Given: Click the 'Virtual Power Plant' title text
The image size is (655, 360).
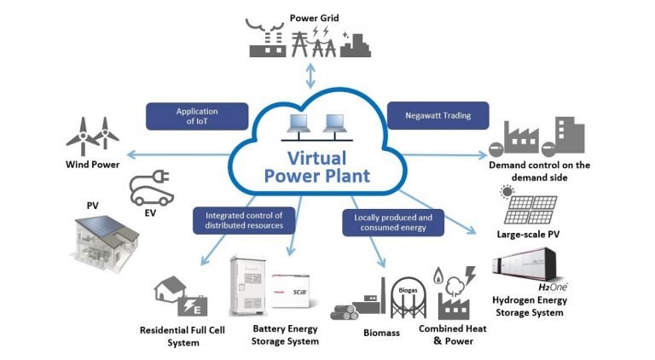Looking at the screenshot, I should pos(316,167).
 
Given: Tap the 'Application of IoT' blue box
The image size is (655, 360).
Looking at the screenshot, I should pos(197,117).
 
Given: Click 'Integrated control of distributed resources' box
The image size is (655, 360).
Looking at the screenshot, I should pos(243,220).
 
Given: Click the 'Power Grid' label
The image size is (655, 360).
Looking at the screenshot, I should pos(313,17).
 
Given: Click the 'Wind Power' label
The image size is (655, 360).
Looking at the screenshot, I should pos(93,165).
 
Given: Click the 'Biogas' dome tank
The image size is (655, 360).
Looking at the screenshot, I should pos(408,292).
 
